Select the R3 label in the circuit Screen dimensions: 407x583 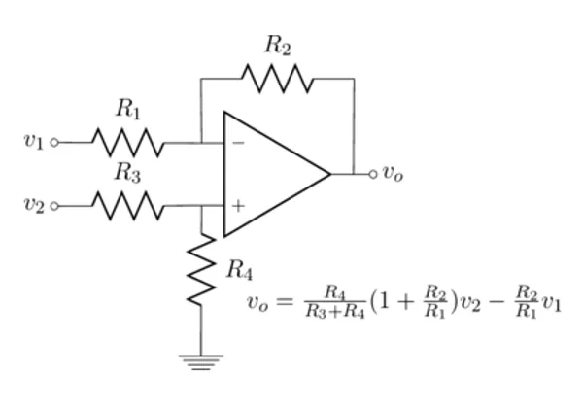[x=128, y=172]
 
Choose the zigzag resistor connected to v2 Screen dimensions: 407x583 [x=128, y=205]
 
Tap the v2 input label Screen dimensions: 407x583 [x=34, y=205]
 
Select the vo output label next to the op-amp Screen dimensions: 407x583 [x=393, y=174]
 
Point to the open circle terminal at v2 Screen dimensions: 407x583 [x=54, y=205]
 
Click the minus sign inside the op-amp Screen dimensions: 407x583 [x=238, y=143]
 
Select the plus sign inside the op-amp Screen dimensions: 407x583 [x=238, y=205]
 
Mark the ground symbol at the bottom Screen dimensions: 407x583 [x=201, y=360]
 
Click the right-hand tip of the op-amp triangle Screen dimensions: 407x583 [x=329, y=174]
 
